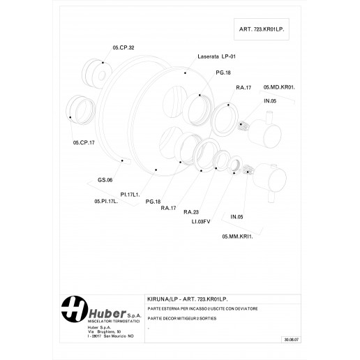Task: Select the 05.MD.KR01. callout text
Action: click(x=279, y=87)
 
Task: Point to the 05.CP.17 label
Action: click(x=83, y=142)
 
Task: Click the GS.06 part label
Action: click(x=105, y=180)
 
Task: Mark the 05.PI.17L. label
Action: click(x=106, y=201)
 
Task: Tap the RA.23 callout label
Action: click(x=191, y=211)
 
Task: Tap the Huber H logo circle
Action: click(x=72, y=308)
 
